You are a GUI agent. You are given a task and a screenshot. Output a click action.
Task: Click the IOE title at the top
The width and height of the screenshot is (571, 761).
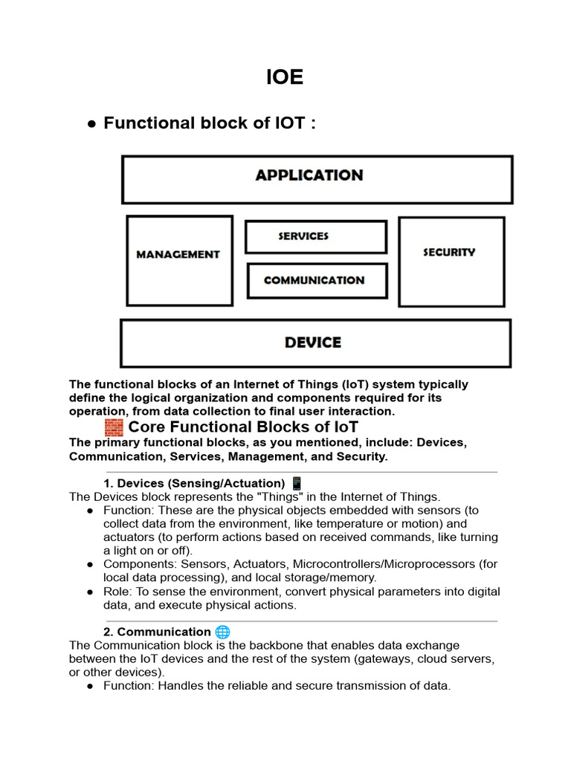coord(285,77)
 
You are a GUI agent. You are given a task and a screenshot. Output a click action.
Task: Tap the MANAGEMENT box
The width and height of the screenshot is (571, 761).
coord(178,259)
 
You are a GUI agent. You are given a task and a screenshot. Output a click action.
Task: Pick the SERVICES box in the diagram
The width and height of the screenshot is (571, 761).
coord(315,237)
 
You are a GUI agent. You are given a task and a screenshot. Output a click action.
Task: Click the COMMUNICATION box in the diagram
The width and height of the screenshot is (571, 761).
coord(317,281)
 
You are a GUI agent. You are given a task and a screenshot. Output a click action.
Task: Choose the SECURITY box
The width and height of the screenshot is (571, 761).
coord(451,261)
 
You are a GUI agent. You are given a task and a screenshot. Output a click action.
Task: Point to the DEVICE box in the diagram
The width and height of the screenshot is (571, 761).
coord(315,343)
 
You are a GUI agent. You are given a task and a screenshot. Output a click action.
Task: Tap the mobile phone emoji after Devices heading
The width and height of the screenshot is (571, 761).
coord(297,483)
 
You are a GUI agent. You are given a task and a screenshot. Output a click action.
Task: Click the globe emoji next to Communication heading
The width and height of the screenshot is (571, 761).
coord(222,632)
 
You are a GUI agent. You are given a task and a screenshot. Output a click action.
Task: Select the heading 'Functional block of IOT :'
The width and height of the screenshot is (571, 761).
coord(210,123)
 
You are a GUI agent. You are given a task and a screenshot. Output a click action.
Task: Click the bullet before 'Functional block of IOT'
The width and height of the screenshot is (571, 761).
coord(91,124)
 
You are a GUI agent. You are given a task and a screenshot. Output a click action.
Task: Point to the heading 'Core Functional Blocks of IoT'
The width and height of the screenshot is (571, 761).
coord(243,427)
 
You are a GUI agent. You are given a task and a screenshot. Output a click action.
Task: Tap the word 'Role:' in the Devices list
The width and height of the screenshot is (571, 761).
coord(117,592)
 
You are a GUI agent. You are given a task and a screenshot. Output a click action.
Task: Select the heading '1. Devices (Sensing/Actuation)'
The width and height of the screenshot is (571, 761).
coord(194,483)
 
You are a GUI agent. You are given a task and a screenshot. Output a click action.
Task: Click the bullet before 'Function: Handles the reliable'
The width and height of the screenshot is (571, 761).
coord(90,686)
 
